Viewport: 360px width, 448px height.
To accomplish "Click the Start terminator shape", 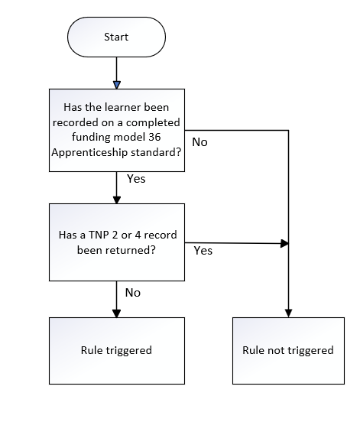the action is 117,37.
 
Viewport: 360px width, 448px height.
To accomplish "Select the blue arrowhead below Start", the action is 117,85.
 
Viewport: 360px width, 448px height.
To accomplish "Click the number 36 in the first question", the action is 154,137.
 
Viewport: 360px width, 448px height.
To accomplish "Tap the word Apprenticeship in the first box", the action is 90,152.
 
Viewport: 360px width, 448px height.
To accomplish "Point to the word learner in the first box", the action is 121,107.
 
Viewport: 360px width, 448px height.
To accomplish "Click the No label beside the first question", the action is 199,142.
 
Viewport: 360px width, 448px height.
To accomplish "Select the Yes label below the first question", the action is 136,179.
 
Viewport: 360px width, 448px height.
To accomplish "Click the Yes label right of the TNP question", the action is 203,251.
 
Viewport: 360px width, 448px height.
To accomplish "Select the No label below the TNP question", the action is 133,293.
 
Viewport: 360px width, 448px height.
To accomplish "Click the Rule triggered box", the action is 117,351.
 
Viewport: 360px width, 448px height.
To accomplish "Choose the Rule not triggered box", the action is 289,351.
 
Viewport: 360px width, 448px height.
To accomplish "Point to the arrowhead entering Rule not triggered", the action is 289,313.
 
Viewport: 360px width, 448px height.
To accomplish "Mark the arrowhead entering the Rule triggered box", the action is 117,313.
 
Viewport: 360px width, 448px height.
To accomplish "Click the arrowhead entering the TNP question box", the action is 117,200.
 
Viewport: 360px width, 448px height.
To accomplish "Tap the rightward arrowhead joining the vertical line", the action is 284,243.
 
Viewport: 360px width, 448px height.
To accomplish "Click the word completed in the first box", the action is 153,122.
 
